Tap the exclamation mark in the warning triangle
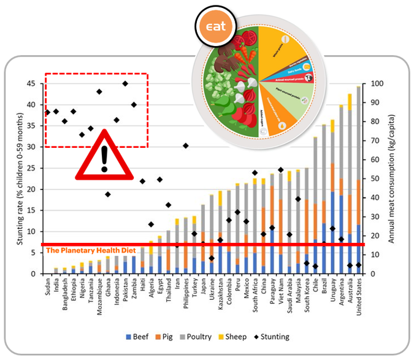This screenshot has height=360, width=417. pos(105,158)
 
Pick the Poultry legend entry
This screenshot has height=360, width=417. pos(213,337)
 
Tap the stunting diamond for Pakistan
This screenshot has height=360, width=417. pos(125,83)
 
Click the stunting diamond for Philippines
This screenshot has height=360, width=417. pos(185,146)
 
